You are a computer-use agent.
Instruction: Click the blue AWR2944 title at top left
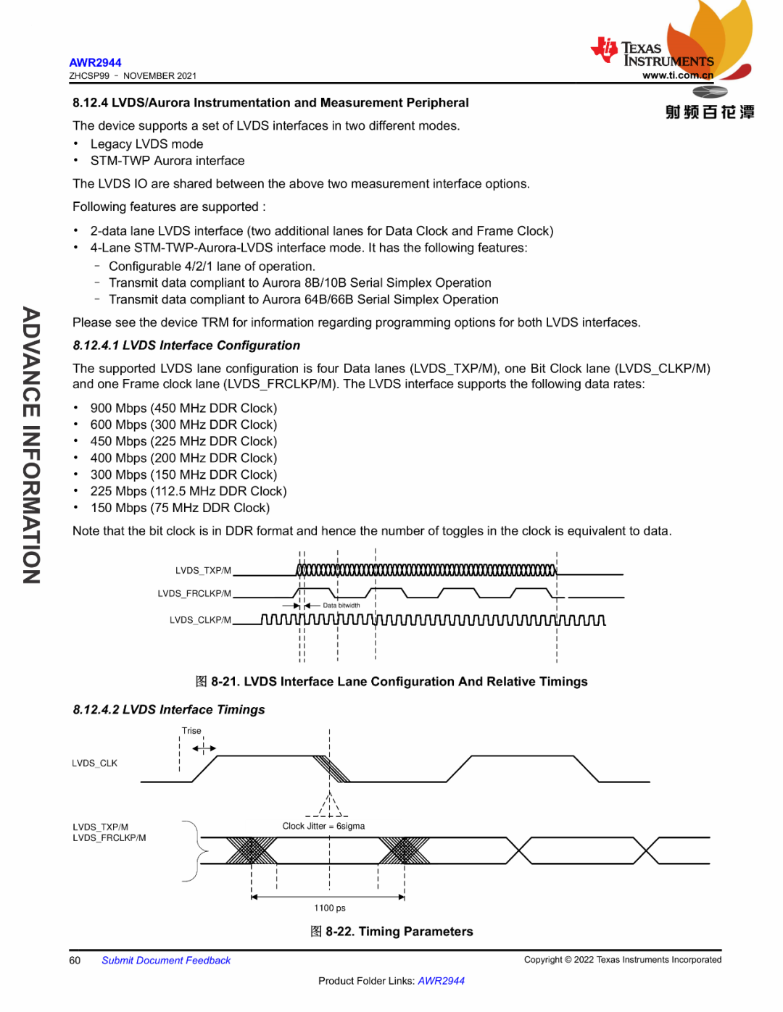95,63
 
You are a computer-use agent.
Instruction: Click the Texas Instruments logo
652,53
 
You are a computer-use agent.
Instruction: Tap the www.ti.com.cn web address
677,75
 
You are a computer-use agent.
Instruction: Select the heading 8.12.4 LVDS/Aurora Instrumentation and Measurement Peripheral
270,103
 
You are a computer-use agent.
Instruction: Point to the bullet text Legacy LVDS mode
146,144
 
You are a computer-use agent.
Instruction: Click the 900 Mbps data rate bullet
183,409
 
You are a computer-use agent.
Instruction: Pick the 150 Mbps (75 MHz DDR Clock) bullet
180,509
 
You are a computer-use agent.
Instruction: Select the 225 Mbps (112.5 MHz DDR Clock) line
188,492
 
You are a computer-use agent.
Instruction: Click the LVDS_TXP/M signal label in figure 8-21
203,571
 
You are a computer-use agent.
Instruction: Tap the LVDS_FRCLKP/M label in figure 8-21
194,594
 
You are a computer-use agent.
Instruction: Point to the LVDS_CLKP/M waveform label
200,620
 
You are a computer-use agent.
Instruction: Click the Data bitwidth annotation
341,606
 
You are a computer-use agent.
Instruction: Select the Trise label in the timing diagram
191,731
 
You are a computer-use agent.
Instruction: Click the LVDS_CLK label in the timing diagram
94,764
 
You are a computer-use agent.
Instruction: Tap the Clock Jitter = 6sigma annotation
323,827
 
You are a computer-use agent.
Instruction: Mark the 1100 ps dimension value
329,908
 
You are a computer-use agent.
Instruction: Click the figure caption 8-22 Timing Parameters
391,932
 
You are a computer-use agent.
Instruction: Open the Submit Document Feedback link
166,961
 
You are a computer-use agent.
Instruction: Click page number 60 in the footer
75,961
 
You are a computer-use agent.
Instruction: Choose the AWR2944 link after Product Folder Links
441,982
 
